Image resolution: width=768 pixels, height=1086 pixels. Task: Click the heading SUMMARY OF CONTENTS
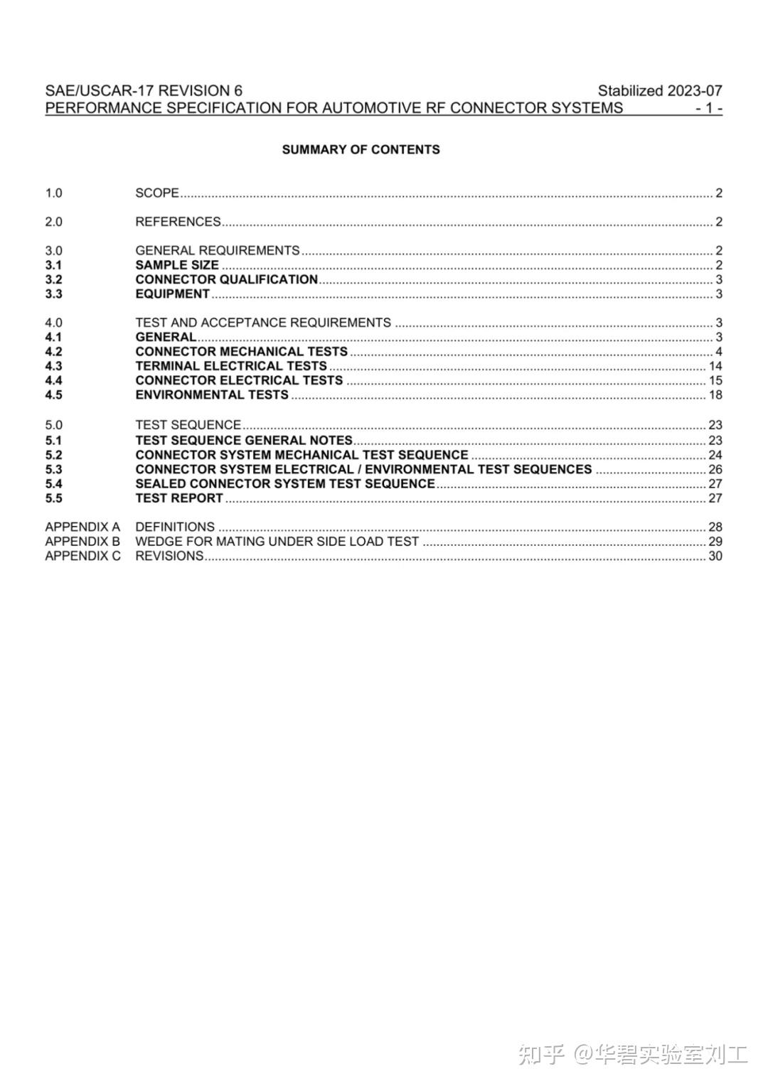pos(361,149)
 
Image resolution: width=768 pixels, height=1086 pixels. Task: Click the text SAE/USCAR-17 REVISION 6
pos(144,91)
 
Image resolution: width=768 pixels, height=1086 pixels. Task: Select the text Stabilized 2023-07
pos(659,91)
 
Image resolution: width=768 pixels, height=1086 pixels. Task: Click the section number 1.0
pos(53,193)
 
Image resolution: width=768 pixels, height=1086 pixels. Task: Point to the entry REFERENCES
pos(178,222)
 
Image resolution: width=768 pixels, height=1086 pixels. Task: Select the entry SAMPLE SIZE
pos(177,265)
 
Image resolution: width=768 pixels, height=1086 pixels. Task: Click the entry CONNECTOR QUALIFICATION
pos(226,279)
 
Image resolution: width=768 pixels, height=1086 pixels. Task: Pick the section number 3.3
pos(53,294)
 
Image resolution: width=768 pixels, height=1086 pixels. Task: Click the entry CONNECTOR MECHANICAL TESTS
pos(241,352)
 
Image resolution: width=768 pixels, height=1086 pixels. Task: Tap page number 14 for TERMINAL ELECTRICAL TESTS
pos(715,366)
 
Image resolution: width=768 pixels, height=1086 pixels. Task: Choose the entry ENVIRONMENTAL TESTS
pos(212,394)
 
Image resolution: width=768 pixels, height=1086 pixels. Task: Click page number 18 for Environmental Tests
pos(715,394)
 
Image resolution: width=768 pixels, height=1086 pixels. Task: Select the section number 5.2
pos(53,455)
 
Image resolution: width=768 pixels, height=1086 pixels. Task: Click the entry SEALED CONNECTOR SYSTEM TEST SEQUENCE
pos(285,483)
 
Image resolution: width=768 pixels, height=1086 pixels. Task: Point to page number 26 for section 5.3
pos(715,469)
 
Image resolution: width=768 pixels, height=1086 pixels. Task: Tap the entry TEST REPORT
pos(179,498)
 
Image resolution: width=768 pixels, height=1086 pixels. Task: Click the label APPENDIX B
pos(82,542)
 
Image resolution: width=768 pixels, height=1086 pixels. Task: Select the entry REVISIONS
pos(169,556)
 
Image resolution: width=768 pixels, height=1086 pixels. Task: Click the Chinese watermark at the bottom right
pos(633,1054)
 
